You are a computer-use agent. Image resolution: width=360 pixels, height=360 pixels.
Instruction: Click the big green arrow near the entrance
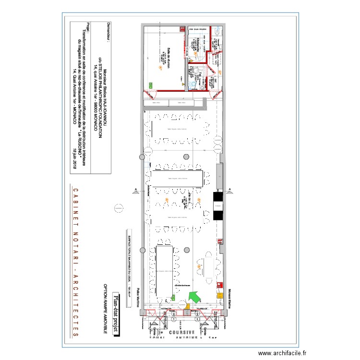194,298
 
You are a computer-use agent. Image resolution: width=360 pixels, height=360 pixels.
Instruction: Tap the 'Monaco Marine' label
229,291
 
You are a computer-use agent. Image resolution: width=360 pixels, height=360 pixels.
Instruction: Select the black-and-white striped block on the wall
218,206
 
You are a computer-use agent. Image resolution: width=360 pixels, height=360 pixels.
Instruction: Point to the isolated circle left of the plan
117,208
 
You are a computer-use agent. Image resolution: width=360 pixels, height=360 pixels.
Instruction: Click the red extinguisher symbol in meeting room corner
183,84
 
